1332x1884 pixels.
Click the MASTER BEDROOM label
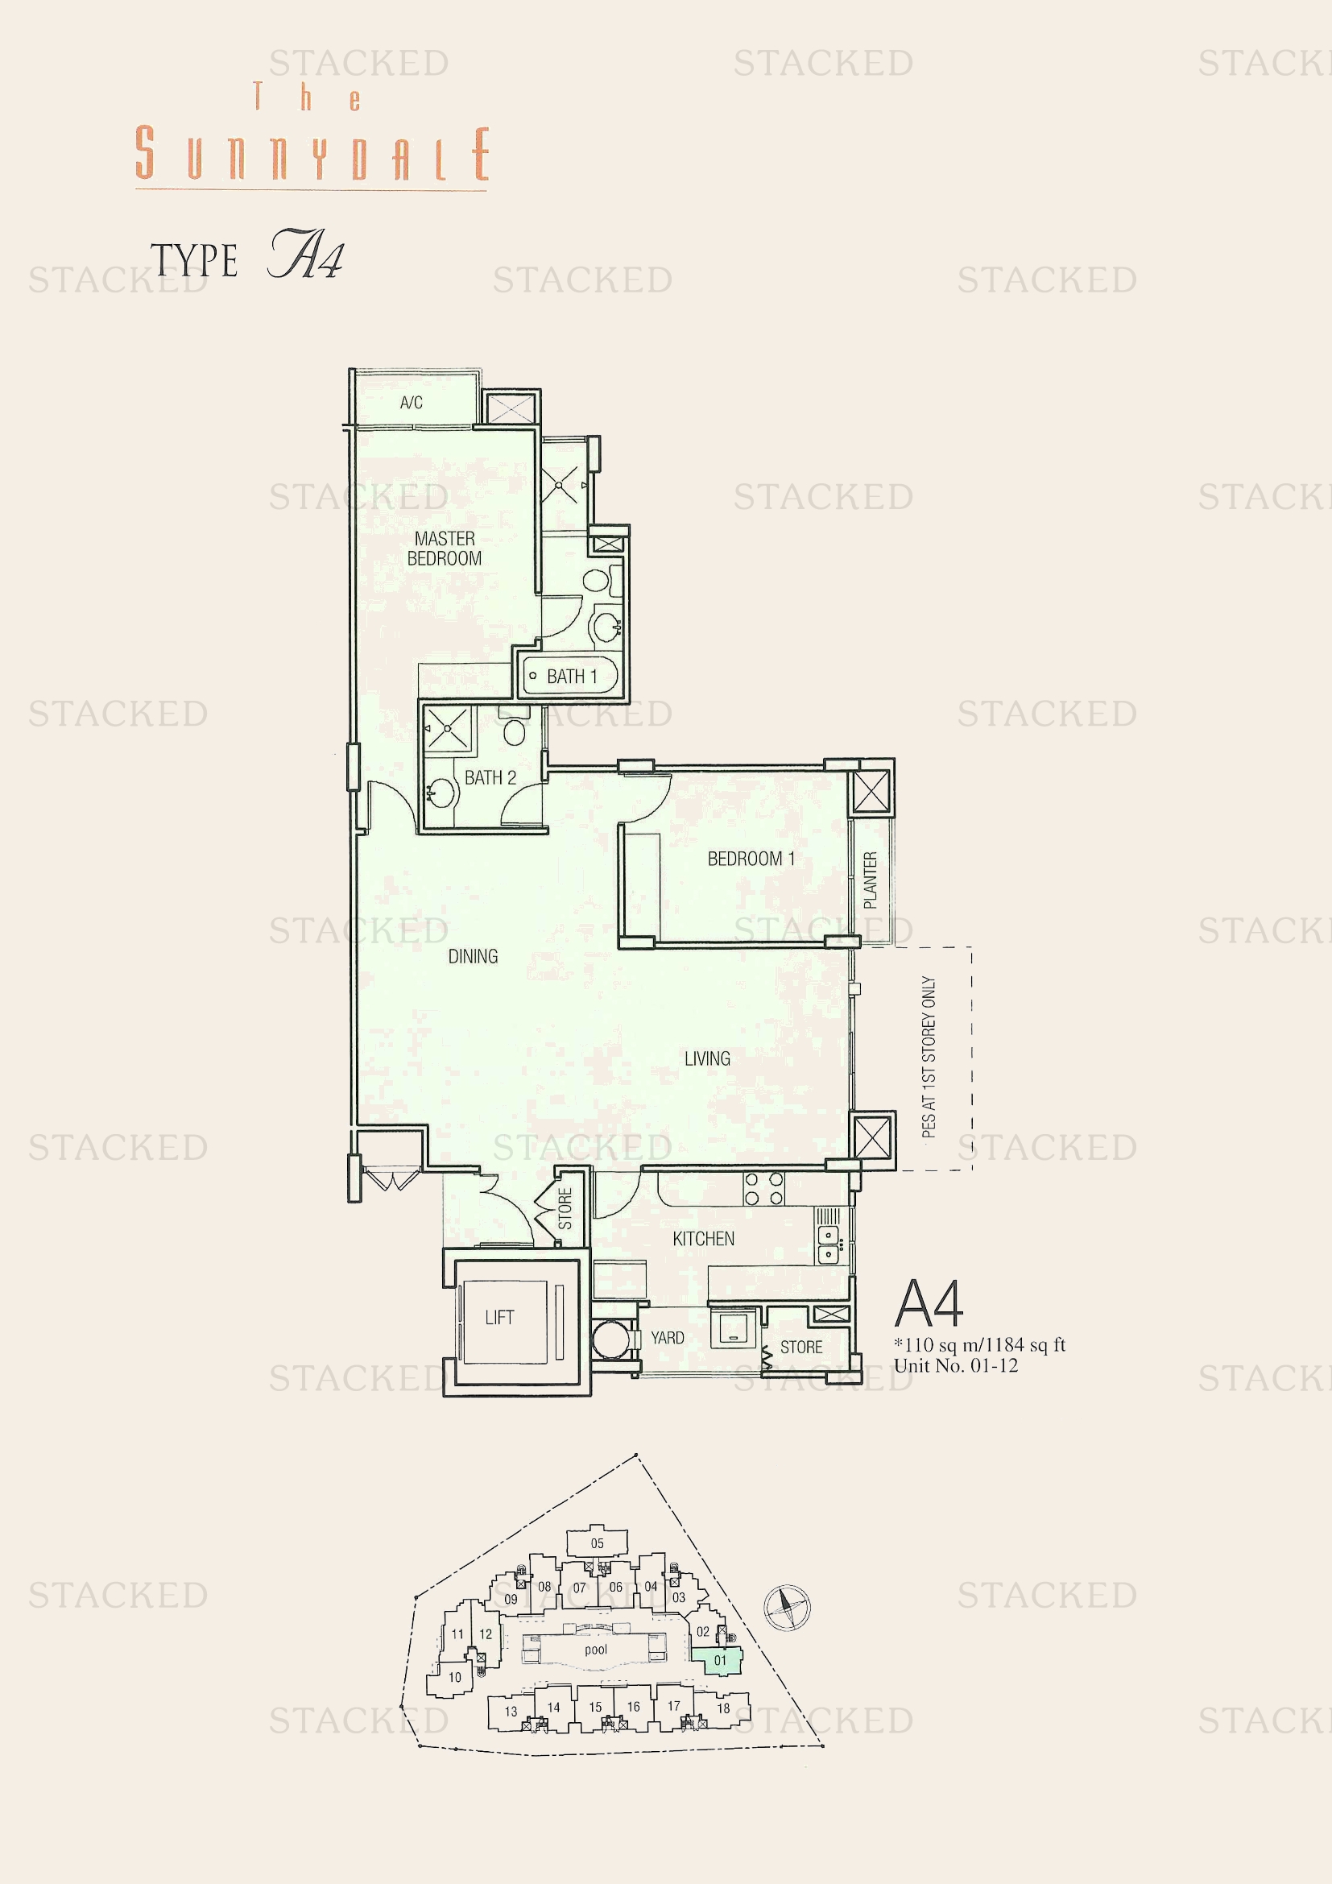445,549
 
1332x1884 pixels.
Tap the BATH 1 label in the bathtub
572,676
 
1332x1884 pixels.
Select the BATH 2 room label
490,777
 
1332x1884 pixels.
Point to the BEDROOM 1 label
751,859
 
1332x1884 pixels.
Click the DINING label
474,956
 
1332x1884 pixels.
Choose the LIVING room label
707,1058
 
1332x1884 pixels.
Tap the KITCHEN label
704,1238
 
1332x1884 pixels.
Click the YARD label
668,1338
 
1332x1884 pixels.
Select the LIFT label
499,1317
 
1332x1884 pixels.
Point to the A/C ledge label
412,402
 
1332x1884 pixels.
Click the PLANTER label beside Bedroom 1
871,880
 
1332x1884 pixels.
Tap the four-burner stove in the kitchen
763,1188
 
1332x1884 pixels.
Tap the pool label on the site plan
596,1650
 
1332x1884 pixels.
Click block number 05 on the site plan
597,1543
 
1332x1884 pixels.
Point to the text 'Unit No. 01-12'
956,1365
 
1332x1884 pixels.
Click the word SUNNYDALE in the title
312,154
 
